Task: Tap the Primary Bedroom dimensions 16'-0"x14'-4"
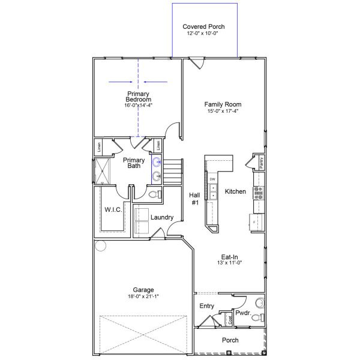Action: pyautogui.click(x=138, y=106)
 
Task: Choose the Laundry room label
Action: pyautogui.click(x=162, y=217)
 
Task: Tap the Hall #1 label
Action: pyautogui.click(x=194, y=199)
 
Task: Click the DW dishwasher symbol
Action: pyautogui.click(x=212, y=179)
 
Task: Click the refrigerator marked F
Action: pyautogui.click(x=254, y=222)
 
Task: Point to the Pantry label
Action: pyautogui.click(x=262, y=162)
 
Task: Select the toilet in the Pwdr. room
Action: pyautogui.click(x=257, y=317)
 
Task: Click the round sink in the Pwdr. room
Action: pyautogui.click(x=258, y=302)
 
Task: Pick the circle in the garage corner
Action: pyautogui.click(x=100, y=245)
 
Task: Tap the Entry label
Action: pyautogui.click(x=206, y=306)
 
